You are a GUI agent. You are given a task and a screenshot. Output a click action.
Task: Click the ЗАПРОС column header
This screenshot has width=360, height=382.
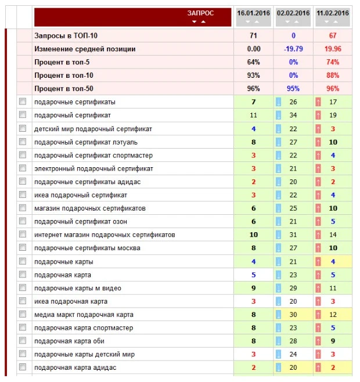coord(200,12)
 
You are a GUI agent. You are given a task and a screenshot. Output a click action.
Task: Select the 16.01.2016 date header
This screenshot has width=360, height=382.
coord(253,12)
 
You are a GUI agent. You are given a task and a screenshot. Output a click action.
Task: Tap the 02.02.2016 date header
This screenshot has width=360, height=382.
coord(293,12)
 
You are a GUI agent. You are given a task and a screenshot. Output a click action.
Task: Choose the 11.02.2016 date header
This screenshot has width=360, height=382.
coord(333,12)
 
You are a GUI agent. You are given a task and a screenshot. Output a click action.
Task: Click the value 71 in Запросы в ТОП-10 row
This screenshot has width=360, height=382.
coord(253,35)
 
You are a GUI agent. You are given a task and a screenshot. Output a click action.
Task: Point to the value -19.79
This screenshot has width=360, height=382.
coord(293,49)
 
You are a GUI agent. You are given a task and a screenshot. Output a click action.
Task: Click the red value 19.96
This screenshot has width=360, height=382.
coord(333,49)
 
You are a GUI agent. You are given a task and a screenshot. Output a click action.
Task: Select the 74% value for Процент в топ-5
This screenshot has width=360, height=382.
coord(333,62)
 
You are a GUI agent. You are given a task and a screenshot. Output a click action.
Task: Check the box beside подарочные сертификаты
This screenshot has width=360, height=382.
coord(23,102)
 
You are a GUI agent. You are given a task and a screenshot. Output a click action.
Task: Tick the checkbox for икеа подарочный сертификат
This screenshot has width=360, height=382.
coord(23,195)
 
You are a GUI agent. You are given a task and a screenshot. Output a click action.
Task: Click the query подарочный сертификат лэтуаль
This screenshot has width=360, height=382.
coord(86,142)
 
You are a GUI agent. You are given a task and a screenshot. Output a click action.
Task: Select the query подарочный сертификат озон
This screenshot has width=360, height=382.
coord(81,222)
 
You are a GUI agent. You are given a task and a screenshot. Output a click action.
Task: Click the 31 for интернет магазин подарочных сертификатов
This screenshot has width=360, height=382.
coord(293,235)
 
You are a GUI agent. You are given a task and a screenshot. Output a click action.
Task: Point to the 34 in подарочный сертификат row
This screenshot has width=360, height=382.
coord(293,115)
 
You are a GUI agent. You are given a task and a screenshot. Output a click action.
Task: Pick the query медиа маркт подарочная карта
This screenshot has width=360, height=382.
coord(84,315)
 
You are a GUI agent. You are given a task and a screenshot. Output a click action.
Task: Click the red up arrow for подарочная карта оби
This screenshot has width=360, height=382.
coord(318,341)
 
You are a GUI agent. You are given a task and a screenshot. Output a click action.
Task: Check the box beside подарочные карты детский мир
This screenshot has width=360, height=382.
coord(23,354)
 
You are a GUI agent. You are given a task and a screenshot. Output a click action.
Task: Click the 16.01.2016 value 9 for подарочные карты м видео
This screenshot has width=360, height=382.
coord(253,288)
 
